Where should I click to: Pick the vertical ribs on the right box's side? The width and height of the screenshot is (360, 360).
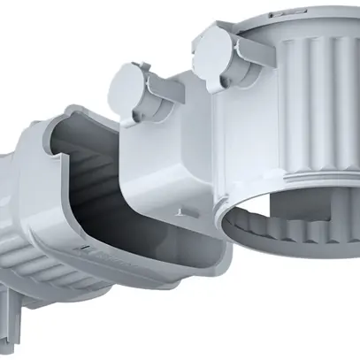tap(310, 115)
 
